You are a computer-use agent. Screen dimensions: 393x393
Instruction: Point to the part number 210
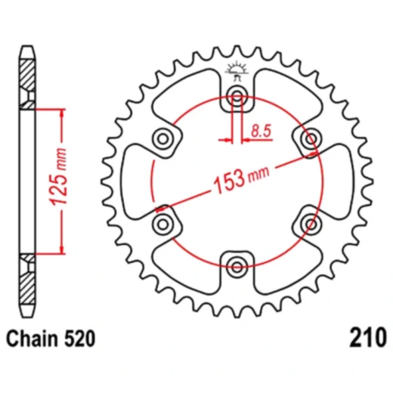click(368, 336)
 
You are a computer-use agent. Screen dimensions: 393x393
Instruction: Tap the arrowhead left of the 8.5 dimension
click(227, 139)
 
